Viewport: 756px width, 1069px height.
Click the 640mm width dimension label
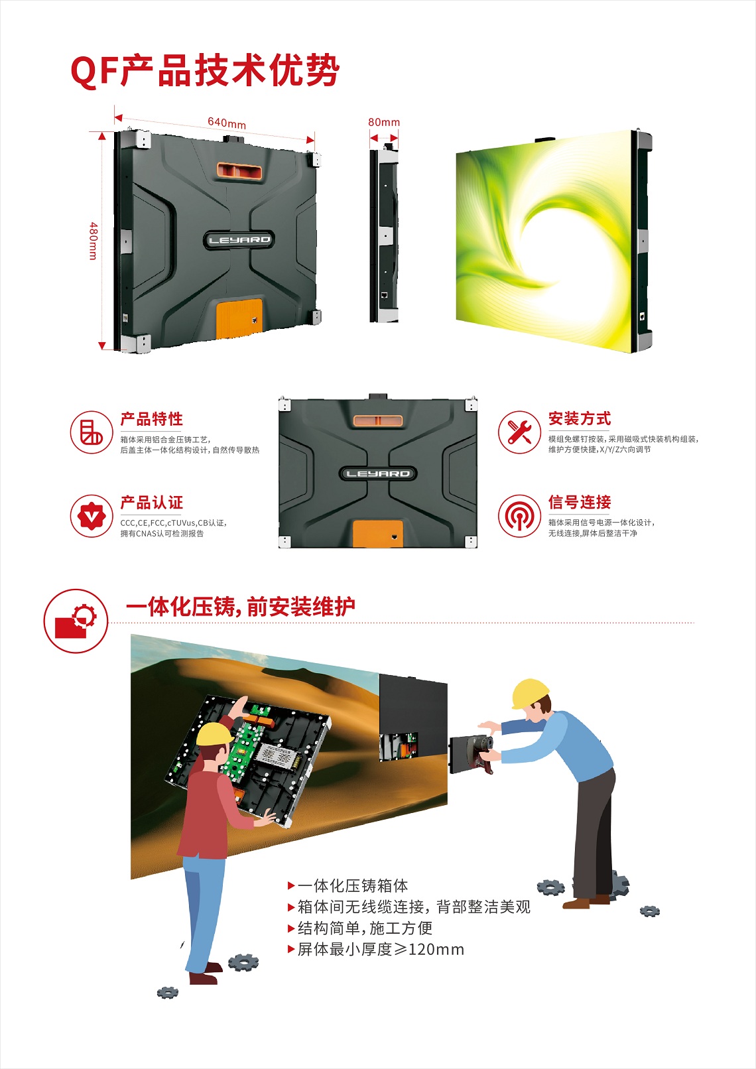tap(227, 123)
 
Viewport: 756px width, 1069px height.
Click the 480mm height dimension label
tap(94, 241)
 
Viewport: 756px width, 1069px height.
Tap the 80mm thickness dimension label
tap(384, 122)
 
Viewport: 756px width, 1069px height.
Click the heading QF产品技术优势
tap(205, 71)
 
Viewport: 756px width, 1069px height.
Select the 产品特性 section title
tap(152, 419)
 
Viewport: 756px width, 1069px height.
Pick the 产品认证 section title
tap(152, 503)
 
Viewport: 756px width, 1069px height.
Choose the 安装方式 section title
tap(580, 418)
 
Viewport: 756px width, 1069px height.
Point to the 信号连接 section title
tap(580, 502)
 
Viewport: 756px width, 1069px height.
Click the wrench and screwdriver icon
tap(519, 432)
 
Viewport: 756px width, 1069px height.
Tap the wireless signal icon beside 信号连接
tap(519, 516)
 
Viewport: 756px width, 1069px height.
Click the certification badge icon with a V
tap(91, 516)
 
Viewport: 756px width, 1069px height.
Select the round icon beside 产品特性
tap(91, 432)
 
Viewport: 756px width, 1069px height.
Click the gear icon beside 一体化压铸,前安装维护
tap(76, 621)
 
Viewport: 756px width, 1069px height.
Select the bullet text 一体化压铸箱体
tap(353, 886)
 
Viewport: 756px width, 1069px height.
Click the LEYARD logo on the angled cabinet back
tap(239, 239)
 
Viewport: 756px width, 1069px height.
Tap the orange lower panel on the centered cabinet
tap(377, 534)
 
